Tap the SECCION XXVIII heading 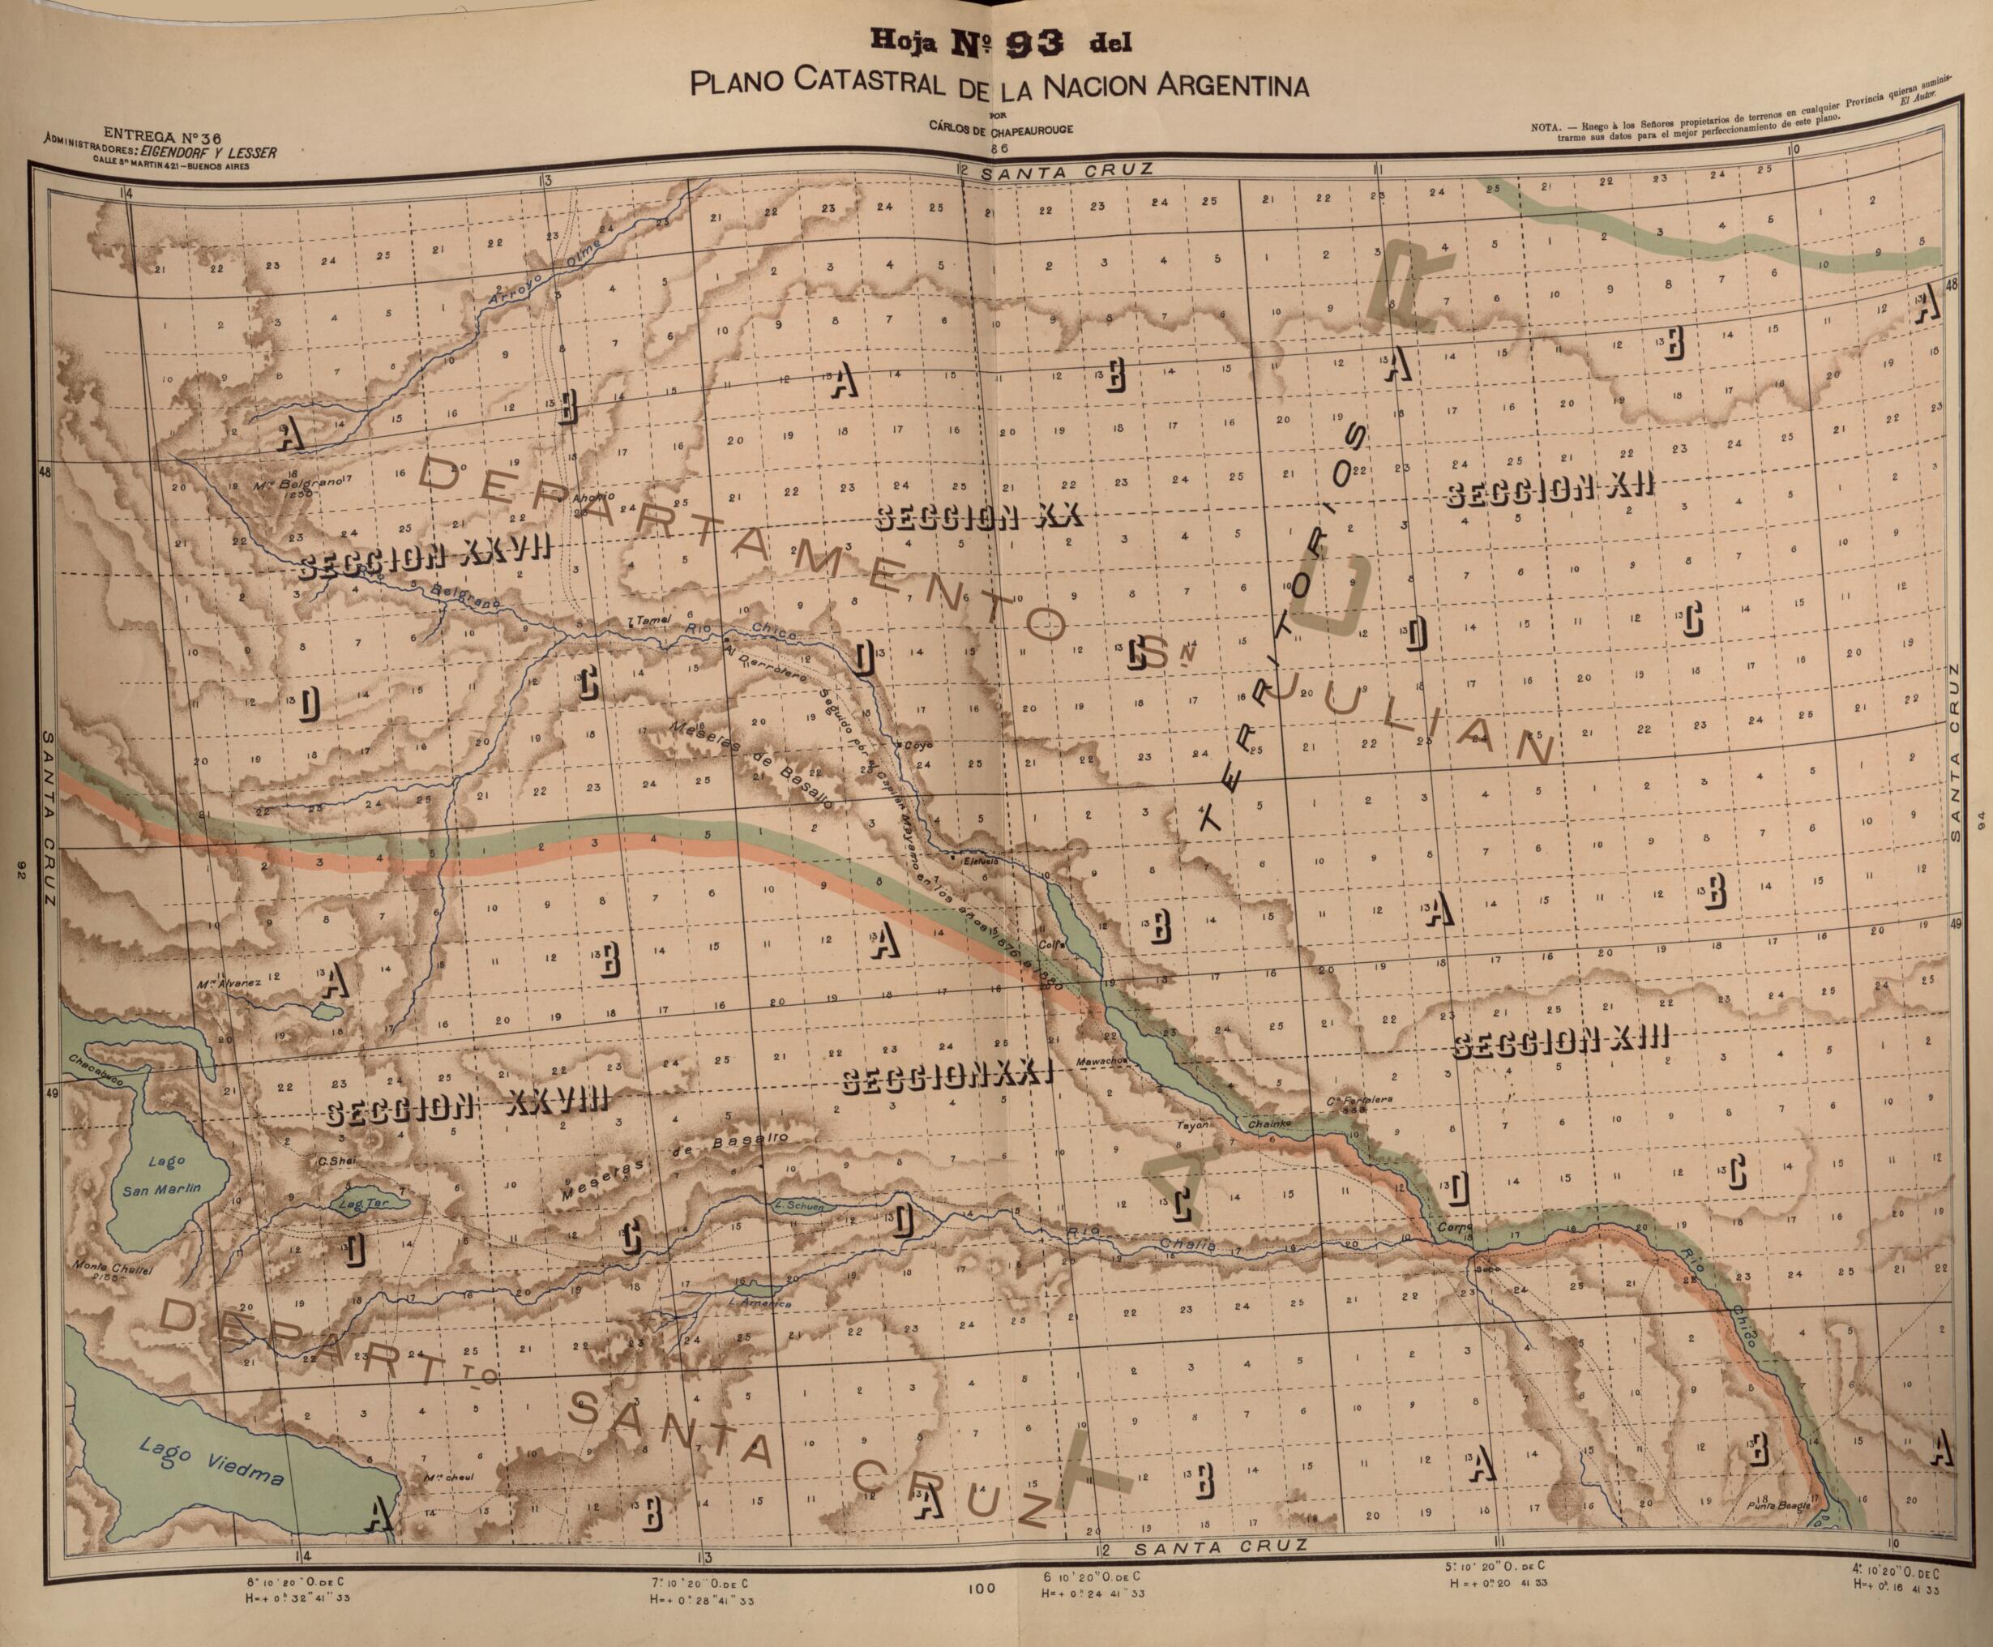464,1107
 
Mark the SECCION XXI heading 947,1079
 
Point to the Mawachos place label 1101,1061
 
